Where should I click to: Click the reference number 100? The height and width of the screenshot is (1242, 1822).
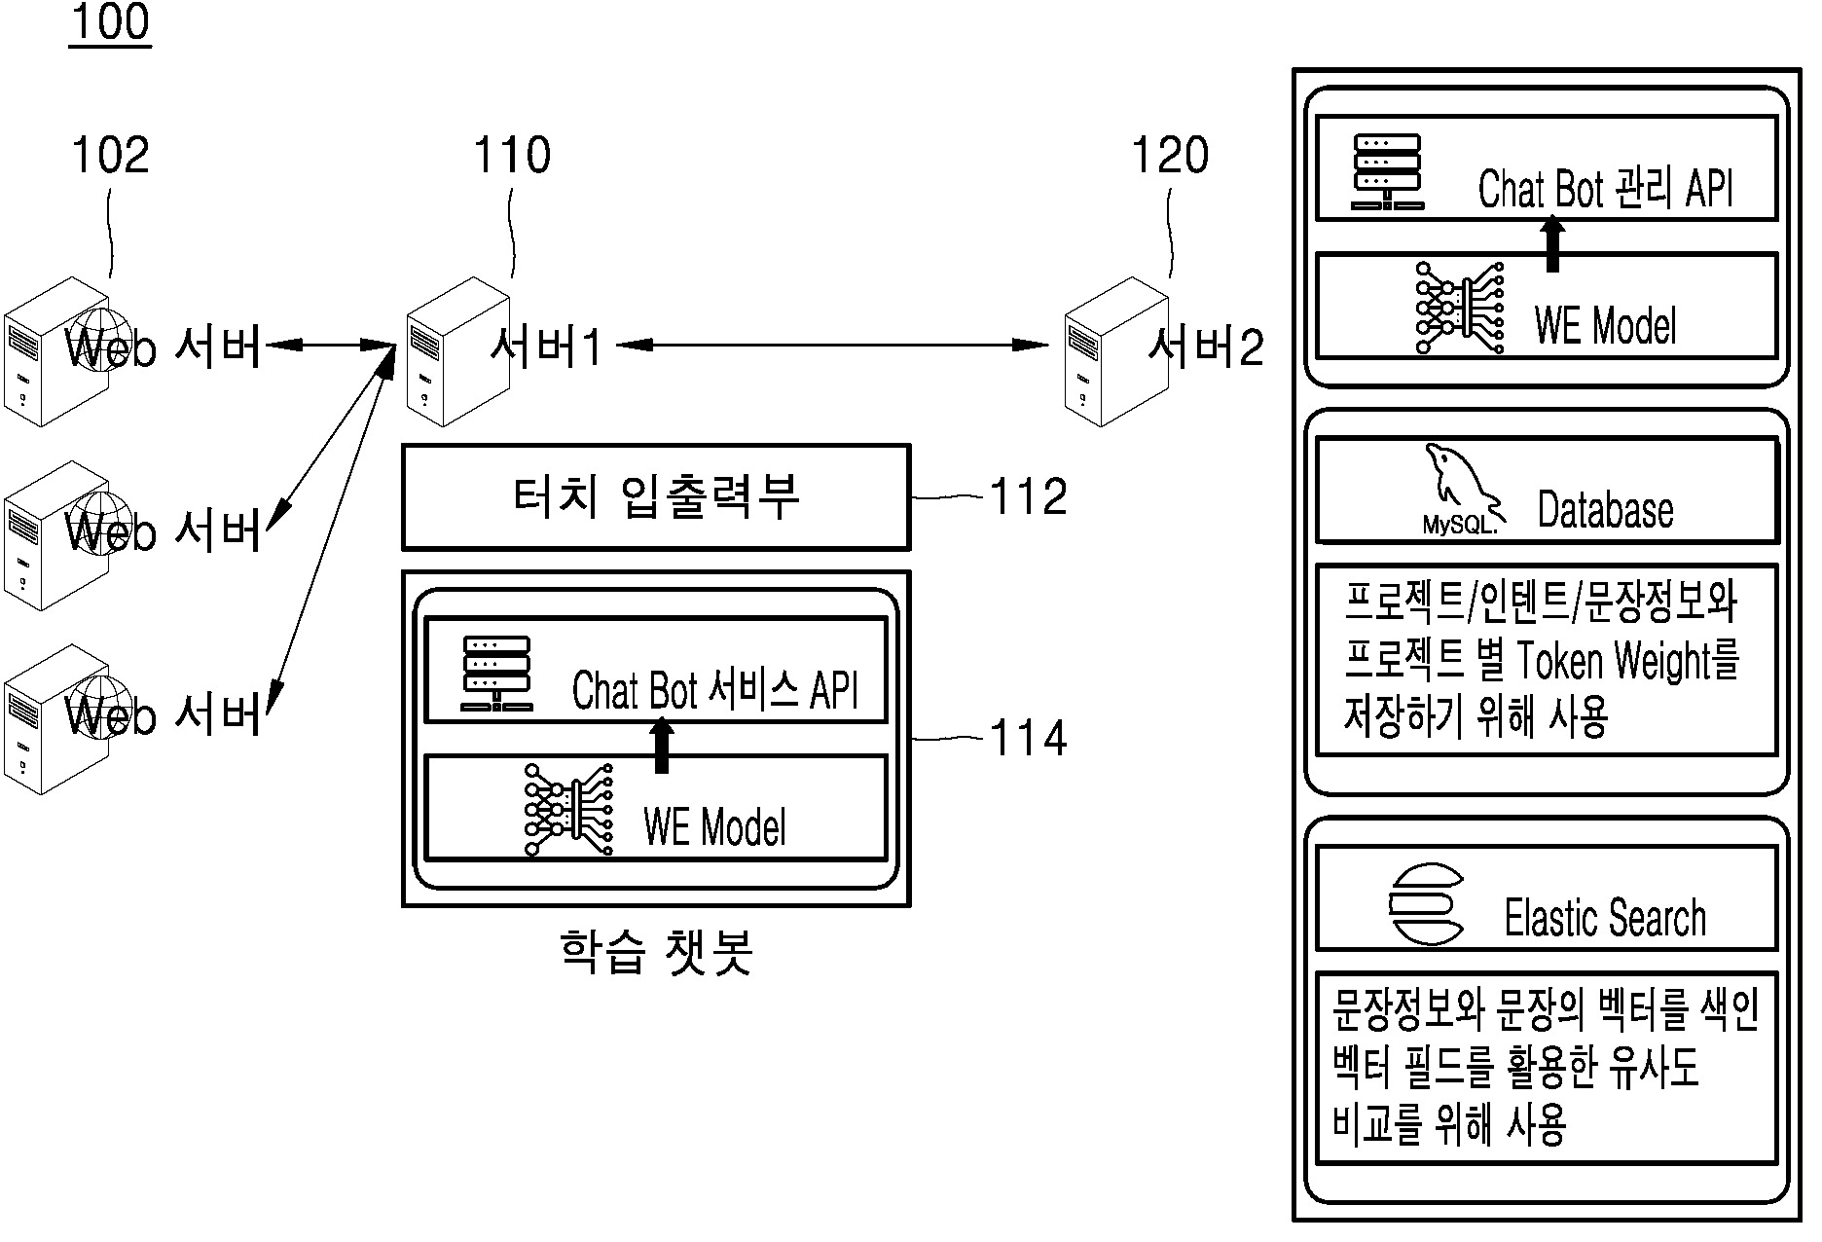pyautogui.click(x=110, y=22)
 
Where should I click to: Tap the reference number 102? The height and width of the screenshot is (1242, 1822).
pyautogui.click(x=111, y=156)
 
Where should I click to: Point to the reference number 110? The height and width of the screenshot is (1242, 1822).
pyautogui.click(x=512, y=156)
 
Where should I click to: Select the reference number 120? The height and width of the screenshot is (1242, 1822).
pyautogui.click(x=1170, y=156)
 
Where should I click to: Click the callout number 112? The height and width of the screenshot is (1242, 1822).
pyautogui.click(x=1029, y=497)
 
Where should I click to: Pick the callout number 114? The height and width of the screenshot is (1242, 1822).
pyautogui.click(x=1029, y=739)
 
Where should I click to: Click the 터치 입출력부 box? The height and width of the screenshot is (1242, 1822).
pyautogui.click(x=656, y=497)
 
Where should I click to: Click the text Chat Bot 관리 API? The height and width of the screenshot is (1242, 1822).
pyautogui.click(x=1605, y=189)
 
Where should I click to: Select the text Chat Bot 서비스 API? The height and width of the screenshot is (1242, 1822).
pyautogui.click(x=715, y=691)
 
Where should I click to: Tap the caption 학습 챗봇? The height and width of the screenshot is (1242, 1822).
pyautogui.click(x=657, y=952)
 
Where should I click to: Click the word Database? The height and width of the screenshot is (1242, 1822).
pyautogui.click(x=1605, y=510)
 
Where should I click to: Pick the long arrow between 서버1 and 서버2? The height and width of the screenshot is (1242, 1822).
pyautogui.click(x=833, y=345)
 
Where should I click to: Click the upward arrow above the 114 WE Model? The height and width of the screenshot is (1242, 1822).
pyautogui.click(x=662, y=745)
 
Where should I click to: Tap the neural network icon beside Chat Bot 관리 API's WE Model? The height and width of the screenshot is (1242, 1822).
pyautogui.click(x=1460, y=307)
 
